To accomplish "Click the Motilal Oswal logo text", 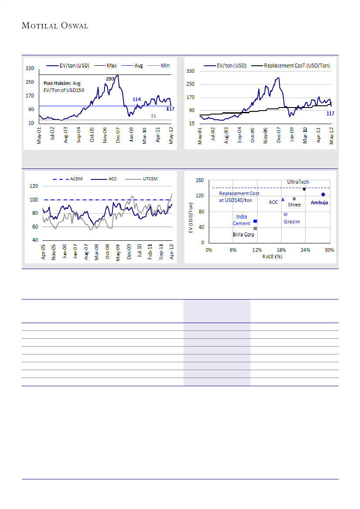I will click(55, 26).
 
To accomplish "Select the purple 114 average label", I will click(136, 99).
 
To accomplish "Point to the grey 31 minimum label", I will click(153, 116).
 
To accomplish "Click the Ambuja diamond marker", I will click(323, 195).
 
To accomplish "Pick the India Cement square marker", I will click(255, 222).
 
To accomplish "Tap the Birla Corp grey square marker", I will click(255, 229).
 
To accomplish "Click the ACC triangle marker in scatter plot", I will click(283, 199).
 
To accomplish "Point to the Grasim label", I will click(292, 222).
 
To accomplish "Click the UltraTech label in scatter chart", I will click(298, 182).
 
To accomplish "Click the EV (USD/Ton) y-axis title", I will click(190, 216).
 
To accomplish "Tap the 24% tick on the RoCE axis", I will click(306, 250).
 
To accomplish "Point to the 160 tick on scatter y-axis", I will click(200, 180).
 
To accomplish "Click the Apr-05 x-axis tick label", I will click(44, 252).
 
